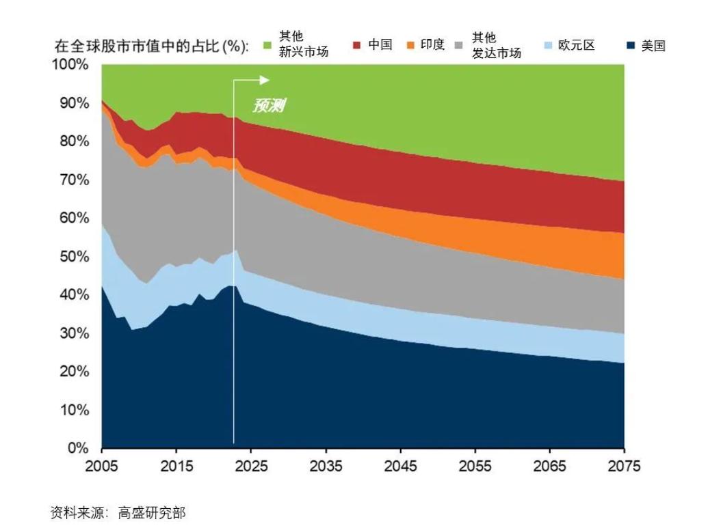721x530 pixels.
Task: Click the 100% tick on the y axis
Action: [x=70, y=65]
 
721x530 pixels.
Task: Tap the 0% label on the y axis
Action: [x=78, y=449]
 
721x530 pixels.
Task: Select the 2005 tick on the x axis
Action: [x=101, y=466]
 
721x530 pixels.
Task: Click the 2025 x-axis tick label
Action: [x=251, y=466]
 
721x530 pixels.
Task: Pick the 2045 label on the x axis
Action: [x=400, y=466]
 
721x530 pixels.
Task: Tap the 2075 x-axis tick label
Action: [x=624, y=466]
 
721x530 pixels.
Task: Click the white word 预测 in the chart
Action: [x=268, y=106]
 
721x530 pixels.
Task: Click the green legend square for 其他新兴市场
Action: [x=268, y=46]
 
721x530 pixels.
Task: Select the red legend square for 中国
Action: [x=357, y=46]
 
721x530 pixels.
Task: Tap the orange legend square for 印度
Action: [x=410, y=46]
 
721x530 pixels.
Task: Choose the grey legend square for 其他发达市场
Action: [x=462, y=46]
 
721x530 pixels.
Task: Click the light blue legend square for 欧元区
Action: [x=547, y=46]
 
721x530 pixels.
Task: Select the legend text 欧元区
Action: [x=576, y=46]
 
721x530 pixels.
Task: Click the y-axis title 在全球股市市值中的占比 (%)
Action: [x=151, y=46]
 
